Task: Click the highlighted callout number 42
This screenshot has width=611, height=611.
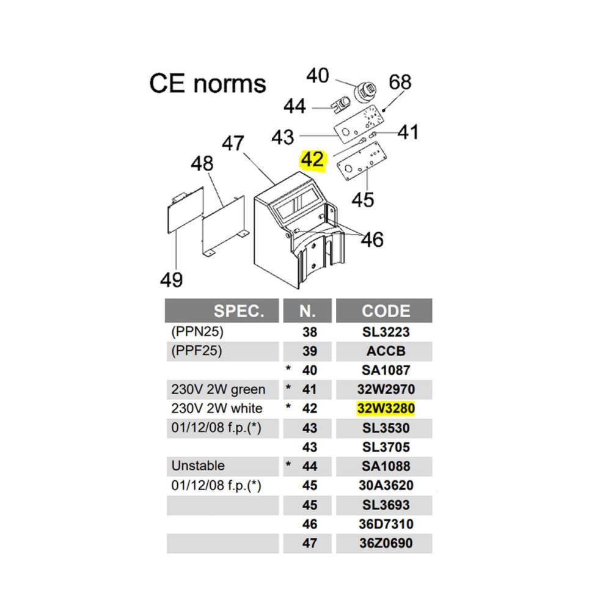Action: pos(312,159)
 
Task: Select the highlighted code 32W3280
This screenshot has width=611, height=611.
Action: pos(386,408)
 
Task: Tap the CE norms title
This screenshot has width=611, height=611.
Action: pos(208,83)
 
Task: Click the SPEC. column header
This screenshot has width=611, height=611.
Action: pos(238,311)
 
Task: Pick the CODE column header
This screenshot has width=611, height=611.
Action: pos(386,311)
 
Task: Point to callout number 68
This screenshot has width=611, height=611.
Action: pos(400,82)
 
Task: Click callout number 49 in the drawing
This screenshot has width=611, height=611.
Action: pos(172,279)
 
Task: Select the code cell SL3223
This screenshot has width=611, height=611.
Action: pos(386,332)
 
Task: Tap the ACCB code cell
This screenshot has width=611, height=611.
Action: pos(386,351)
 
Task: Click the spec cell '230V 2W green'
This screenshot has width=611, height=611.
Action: pos(218,389)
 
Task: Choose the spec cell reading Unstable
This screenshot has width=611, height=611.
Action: pos(198,466)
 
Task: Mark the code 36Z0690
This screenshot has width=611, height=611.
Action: pos(386,543)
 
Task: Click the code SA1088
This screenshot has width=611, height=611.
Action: pos(386,466)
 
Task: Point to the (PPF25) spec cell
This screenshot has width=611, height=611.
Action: pos(197,351)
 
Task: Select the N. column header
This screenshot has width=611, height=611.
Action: pos(307,311)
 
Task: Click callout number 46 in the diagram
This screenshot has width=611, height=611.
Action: pos(372,240)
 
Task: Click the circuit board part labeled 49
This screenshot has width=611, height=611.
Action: pos(185,210)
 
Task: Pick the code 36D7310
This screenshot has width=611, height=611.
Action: pos(386,524)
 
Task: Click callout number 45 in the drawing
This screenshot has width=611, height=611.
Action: pos(362,200)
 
